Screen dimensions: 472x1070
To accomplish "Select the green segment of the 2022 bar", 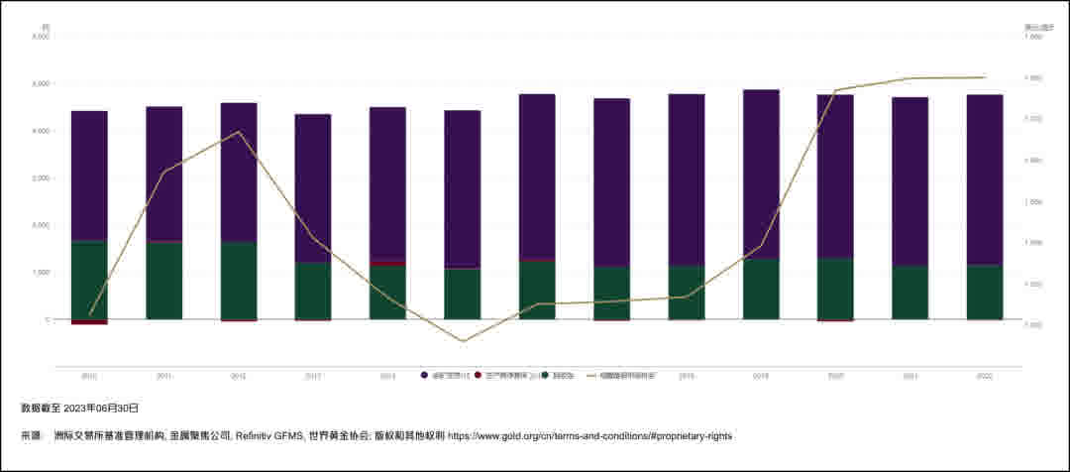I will (x=984, y=292).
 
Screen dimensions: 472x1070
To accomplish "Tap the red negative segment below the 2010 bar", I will (x=89, y=322).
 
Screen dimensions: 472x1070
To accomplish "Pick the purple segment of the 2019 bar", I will (x=761, y=174).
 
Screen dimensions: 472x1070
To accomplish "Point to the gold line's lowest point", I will (x=463, y=341).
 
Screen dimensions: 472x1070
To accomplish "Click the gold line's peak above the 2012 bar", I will (x=239, y=132).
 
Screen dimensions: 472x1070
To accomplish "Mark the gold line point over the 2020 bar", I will (x=835, y=91).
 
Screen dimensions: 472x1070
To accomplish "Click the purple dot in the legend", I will (x=425, y=376).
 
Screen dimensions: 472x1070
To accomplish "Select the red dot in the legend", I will (x=478, y=376).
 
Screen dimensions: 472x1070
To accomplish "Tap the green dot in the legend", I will (x=545, y=376).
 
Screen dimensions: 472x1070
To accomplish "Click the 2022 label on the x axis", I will (x=984, y=376).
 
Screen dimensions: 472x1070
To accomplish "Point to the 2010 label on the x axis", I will (x=89, y=376).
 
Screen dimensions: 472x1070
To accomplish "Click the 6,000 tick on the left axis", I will (x=42, y=37).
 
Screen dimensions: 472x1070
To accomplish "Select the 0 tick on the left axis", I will (x=46, y=319).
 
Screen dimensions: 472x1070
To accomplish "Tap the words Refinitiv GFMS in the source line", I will (x=267, y=435).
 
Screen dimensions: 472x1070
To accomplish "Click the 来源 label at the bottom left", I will (x=31, y=435).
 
